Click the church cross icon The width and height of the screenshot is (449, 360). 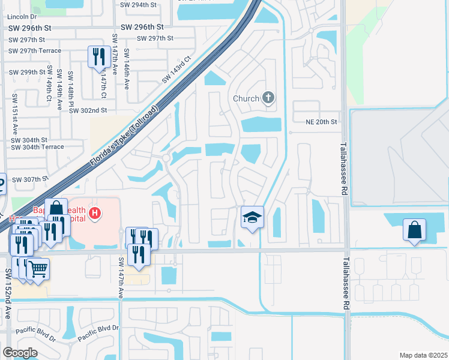tap(268, 98)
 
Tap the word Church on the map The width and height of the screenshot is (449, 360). tap(246, 98)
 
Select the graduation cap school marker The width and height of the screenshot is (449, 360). tap(253, 217)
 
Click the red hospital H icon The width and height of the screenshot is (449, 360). tap(94, 212)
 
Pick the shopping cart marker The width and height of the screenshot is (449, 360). tap(38, 269)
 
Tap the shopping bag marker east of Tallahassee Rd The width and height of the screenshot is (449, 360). tap(414, 230)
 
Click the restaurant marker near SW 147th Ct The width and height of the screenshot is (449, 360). tap(98, 57)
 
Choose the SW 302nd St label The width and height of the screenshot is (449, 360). tap(88, 110)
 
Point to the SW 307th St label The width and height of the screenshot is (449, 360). tap(29, 179)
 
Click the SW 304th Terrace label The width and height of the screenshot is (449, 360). tap(37, 147)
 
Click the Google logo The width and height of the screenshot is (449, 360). tap(19, 353)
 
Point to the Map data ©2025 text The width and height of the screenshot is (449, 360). tap(423, 355)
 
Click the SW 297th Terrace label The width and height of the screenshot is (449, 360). tap(35, 50)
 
